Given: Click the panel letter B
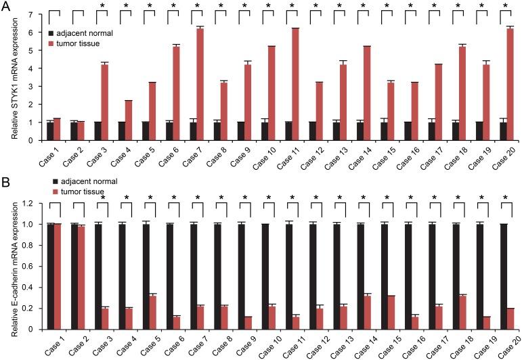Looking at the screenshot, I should pos(6,181).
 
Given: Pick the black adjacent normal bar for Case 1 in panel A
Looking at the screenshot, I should pos(50,131).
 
